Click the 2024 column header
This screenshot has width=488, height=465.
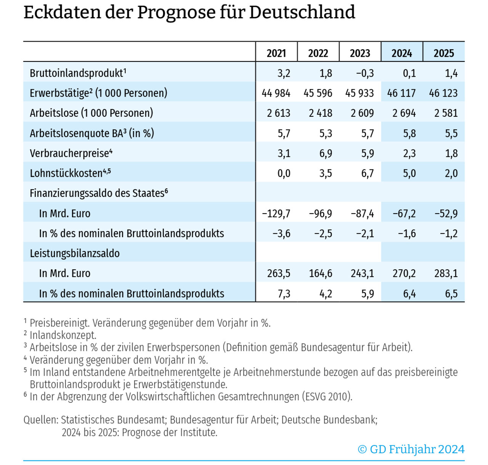click(x=401, y=53)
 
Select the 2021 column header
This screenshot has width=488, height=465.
click(x=276, y=53)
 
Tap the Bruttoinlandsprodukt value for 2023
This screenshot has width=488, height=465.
click(x=365, y=73)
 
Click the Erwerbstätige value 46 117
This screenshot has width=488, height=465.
click(x=401, y=93)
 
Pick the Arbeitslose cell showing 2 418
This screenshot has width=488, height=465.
click(x=320, y=113)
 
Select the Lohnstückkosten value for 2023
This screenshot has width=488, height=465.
click(x=367, y=174)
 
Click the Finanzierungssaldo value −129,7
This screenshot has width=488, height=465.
click(x=276, y=214)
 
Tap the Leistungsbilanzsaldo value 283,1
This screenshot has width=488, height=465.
click(x=446, y=274)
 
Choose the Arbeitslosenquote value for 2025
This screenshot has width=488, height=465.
click(x=451, y=134)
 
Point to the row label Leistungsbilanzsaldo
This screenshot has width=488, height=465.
click(x=75, y=253)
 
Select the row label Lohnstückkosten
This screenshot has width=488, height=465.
click(x=66, y=174)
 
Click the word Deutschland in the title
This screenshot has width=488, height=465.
click(x=302, y=12)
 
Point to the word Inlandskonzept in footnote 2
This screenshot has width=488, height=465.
click(x=63, y=335)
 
